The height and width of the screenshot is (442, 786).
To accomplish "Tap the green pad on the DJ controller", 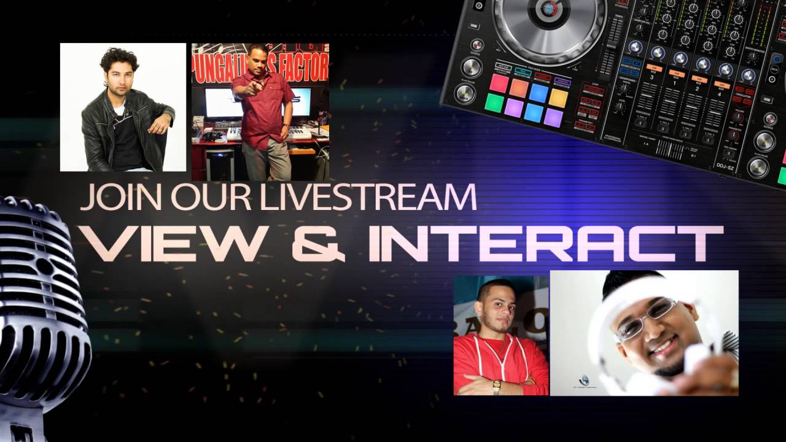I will [494, 103].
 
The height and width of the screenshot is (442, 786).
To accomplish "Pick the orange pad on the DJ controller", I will [518, 87].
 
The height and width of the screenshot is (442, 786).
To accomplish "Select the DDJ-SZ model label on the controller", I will [725, 165].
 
